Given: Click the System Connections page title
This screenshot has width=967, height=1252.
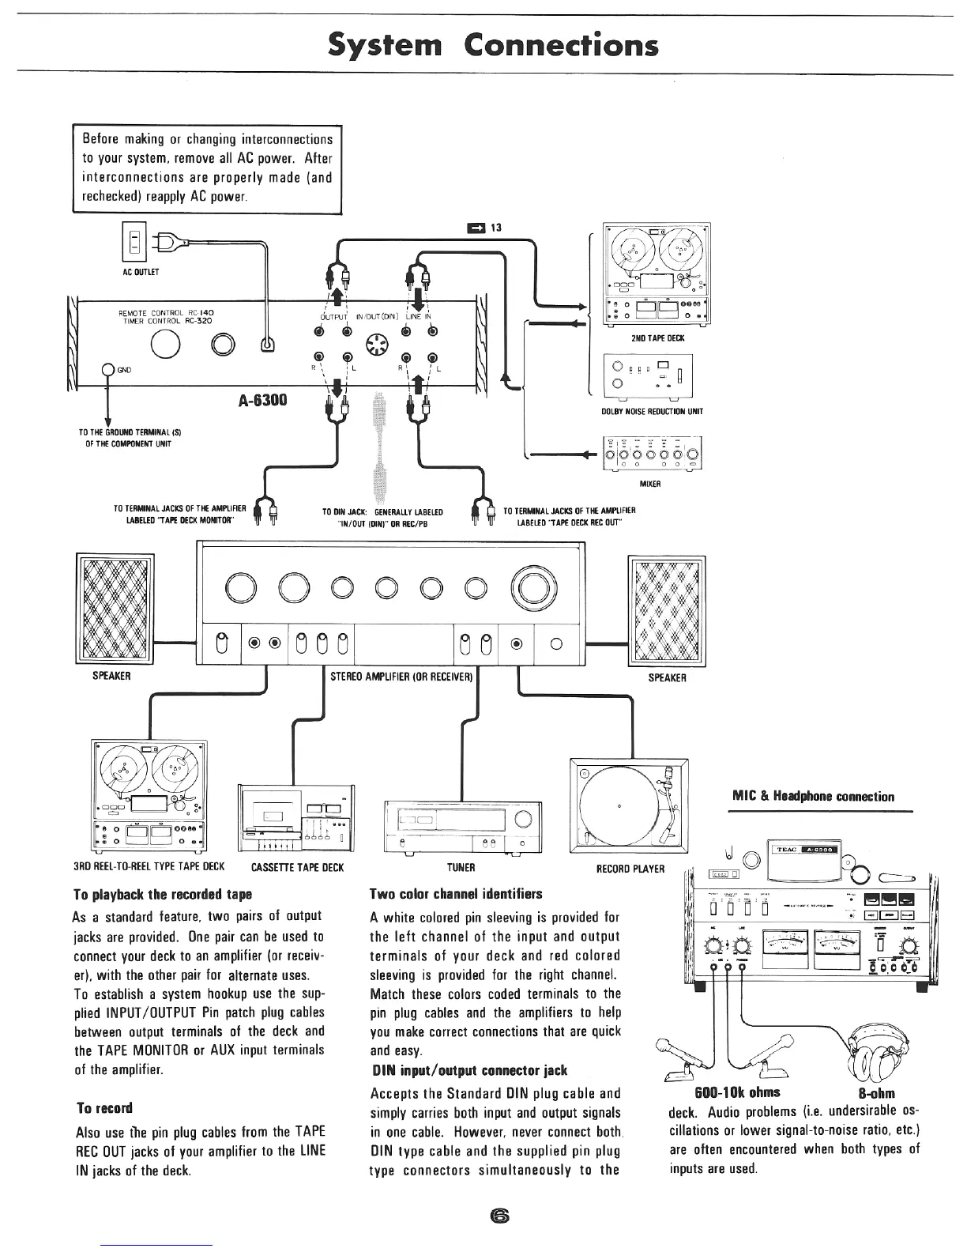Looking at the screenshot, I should click(493, 45).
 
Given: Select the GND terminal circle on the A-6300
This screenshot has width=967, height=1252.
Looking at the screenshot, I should click(107, 376).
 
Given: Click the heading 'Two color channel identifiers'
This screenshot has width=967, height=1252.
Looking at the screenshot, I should click(456, 894).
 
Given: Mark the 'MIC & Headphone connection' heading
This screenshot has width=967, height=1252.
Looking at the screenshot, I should click(814, 797).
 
